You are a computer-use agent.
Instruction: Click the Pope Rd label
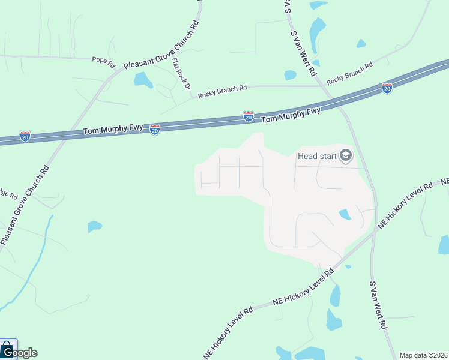[103, 60]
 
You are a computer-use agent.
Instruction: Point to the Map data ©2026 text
[423, 355]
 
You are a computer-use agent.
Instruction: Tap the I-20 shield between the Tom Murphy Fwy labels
[248, 117]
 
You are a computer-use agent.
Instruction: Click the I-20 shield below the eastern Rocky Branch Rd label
[387, 89]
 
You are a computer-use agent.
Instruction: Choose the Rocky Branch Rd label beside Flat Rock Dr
[222, 89]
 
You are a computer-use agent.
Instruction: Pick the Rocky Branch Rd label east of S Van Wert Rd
[350, 73]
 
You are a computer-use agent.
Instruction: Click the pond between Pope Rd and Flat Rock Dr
[143, 79]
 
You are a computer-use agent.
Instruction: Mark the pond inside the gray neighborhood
[345, 214]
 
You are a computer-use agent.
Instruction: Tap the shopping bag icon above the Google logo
[7, 347]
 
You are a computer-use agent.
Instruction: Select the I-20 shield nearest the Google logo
[25, 136]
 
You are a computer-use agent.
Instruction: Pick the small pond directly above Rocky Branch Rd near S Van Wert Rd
[290, 75]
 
